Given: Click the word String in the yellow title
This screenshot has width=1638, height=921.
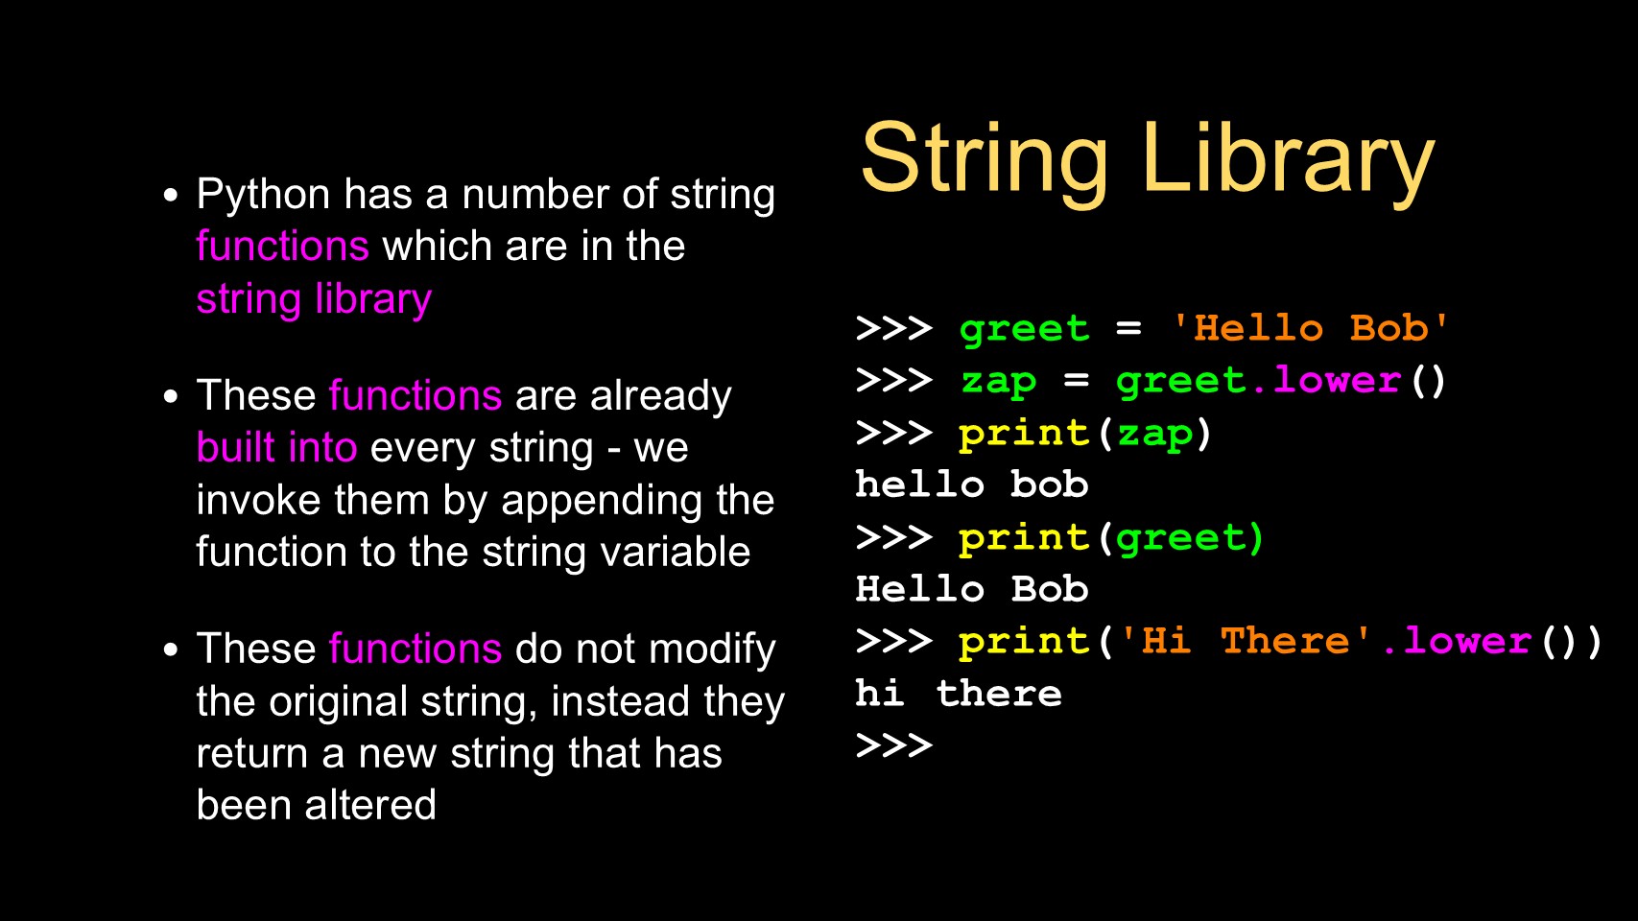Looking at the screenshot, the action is click(985, 163).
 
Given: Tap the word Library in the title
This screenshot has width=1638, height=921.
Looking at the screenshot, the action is click(1289, 163).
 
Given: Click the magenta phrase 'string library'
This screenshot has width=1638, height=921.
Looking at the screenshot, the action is click(314, 299).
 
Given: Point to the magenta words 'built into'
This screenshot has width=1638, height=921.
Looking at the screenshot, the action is click(276, 447).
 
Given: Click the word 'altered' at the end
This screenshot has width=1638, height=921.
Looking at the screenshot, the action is click(370, 805).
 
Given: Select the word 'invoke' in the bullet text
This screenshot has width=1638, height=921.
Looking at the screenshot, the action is click(259, 500).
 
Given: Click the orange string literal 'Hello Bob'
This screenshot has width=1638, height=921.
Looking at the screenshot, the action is click(1310, 328).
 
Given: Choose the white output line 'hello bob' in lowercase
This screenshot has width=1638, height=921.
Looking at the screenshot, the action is click(972, 484).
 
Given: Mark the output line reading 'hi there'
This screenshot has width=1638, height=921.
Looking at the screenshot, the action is click(959, 693).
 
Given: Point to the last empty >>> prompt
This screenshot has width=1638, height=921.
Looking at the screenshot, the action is click(893, 745).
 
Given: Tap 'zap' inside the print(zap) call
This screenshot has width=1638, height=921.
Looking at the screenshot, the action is click(1154, 435).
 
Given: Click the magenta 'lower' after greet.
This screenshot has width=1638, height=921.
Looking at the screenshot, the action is click(1337, 380).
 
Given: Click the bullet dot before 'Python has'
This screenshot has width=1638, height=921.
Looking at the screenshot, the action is click(171, 195).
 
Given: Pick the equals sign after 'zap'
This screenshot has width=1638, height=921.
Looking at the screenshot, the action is click(1077, 380).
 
